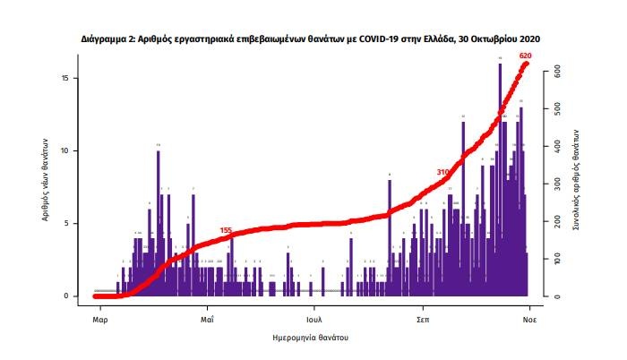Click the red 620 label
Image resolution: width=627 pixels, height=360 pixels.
526,56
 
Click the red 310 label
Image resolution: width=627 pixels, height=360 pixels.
442,171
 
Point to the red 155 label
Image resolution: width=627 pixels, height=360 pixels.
226,231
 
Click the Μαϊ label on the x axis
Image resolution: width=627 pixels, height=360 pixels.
206,318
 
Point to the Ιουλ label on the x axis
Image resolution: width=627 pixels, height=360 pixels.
313,318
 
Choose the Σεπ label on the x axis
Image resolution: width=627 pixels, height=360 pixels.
421,318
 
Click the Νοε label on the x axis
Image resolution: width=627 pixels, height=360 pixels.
529,318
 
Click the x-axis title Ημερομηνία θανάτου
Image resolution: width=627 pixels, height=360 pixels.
310,338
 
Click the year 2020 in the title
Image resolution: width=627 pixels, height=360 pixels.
528,40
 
